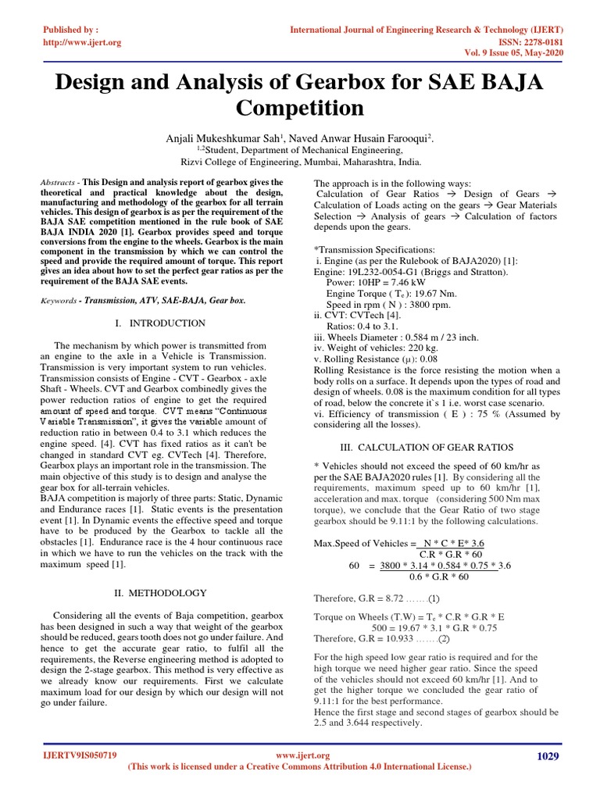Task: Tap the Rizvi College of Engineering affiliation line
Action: [300, 163]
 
